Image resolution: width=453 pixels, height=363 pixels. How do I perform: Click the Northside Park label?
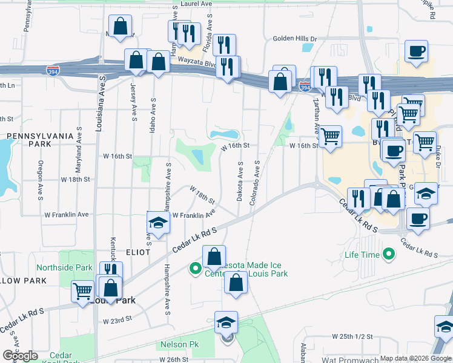point(64,267)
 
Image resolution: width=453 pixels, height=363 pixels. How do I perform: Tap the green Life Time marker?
point(388,255)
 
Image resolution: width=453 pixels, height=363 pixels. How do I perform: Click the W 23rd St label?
point(117,321)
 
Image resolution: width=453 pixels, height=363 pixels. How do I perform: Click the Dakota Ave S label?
point(240,181)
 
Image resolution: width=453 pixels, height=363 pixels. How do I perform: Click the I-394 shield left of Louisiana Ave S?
point(53,71)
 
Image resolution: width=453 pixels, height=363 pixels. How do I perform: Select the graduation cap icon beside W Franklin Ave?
point(157,223)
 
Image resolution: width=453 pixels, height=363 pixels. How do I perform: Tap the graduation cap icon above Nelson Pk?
point(226,322)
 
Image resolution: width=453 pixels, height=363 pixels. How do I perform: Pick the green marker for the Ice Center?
point(196,268)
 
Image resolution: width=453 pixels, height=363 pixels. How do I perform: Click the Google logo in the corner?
point(20,356)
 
